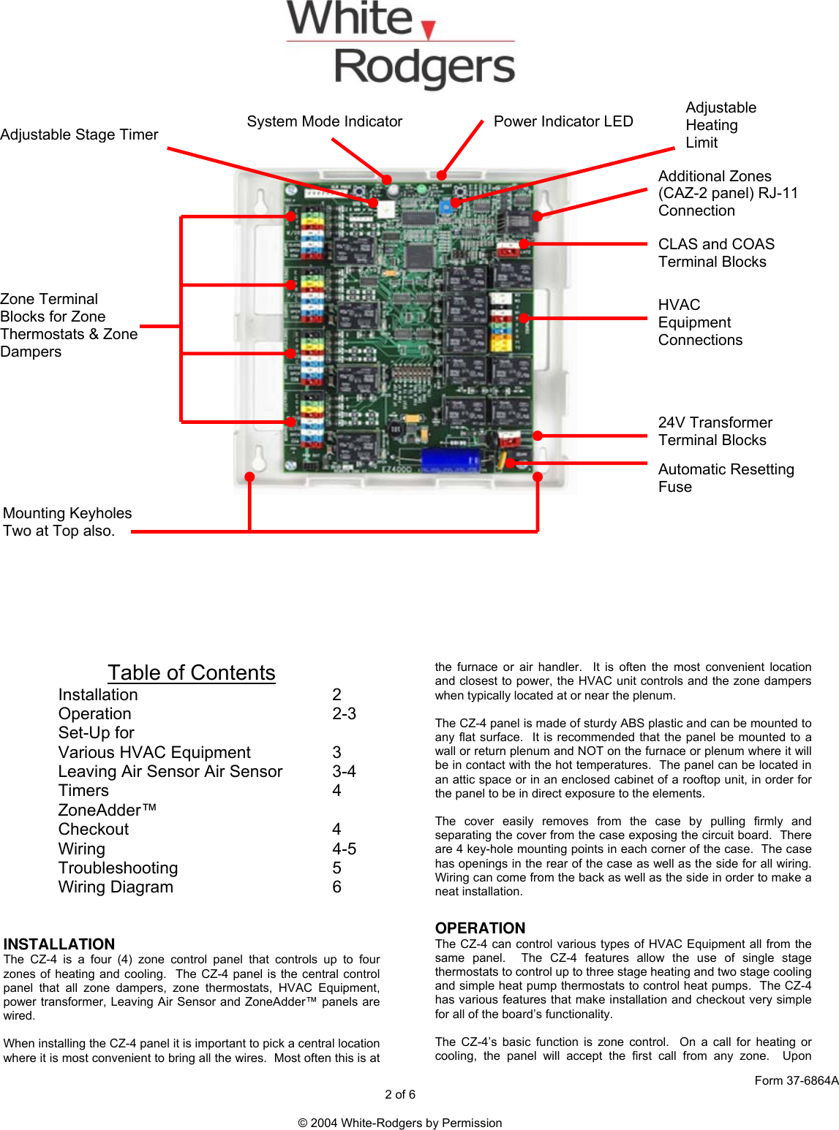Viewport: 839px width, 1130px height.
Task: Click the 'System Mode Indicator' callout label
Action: click(324, 121)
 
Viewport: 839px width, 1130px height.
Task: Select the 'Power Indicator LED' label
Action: click(563, 121)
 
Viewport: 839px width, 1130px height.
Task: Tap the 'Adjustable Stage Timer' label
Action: click(79, 134)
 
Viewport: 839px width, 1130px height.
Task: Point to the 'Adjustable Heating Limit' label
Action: click(720, 125)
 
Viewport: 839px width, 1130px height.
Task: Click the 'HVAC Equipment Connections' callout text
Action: click(699, 322)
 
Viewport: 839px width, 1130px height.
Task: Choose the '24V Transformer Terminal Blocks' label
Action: click(715, 431)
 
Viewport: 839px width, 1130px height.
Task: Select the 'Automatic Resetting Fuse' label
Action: click(725, 478)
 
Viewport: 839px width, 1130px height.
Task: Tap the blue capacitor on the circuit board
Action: click(450, 460)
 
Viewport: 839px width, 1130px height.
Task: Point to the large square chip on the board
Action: click(421, 256)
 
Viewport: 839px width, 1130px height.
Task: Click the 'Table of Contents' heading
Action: click(192, 672)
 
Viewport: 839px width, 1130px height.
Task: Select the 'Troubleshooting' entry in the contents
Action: click(118, 868)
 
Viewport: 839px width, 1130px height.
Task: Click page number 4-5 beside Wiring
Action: click(344, 849)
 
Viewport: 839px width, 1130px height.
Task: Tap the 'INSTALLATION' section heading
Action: click(59, 944)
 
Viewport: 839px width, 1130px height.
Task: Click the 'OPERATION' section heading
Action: click(480, 928)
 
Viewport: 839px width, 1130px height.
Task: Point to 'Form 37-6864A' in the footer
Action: click(796, 1080)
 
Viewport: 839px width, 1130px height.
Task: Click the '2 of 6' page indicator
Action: click(400, 1094)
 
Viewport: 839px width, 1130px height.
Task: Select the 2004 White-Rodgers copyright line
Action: click(400, 1123)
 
